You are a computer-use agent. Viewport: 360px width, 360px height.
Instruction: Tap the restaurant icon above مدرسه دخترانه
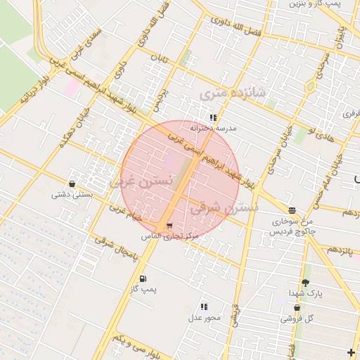click(x=213, y=117)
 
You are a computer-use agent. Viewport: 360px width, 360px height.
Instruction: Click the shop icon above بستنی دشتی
click(x=72, y=184)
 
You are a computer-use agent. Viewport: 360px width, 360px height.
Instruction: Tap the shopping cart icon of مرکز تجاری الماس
click(x=169, y=226)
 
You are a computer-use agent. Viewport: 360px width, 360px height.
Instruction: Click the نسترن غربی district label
click(x=141, y=181)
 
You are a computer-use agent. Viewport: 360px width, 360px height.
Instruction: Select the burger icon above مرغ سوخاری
click(x=292, y=210)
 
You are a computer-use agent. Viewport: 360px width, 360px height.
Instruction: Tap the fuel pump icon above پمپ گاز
click(x=143, y=278)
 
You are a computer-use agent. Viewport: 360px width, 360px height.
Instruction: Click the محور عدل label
click(x=204, y=317)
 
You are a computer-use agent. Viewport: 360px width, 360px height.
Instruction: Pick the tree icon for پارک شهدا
click(x=304, y=283)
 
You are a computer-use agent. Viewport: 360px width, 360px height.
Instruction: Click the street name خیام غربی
click(x=126, y=212)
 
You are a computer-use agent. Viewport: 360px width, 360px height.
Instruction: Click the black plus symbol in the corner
click(x=352, y=352)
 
